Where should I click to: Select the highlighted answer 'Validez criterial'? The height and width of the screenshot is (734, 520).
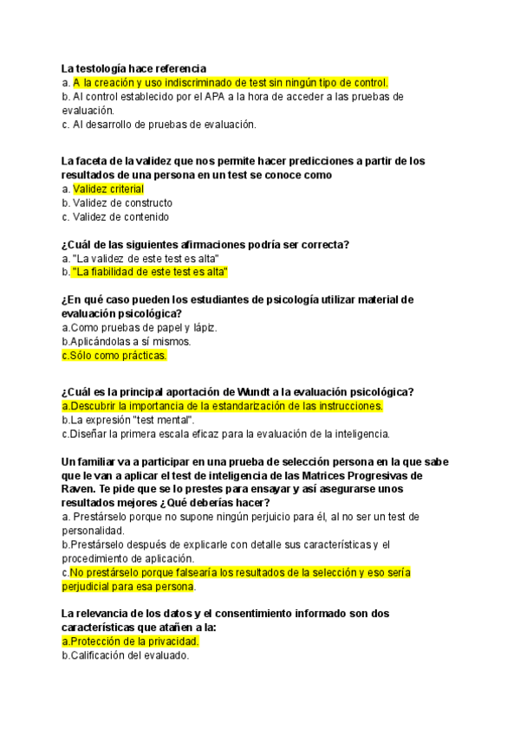coord(108,189)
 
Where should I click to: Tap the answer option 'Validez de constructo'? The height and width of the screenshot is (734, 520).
coord(122,203)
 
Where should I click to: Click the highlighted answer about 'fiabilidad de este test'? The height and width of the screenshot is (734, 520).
coord(149,272)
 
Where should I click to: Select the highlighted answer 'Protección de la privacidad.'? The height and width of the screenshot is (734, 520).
coord(130,641)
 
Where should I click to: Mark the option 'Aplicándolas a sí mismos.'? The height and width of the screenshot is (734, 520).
coord(118,341)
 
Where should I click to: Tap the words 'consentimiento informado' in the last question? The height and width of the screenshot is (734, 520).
coord(287,614)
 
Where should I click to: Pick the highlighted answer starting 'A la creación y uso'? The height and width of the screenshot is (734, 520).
coord(230,82)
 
